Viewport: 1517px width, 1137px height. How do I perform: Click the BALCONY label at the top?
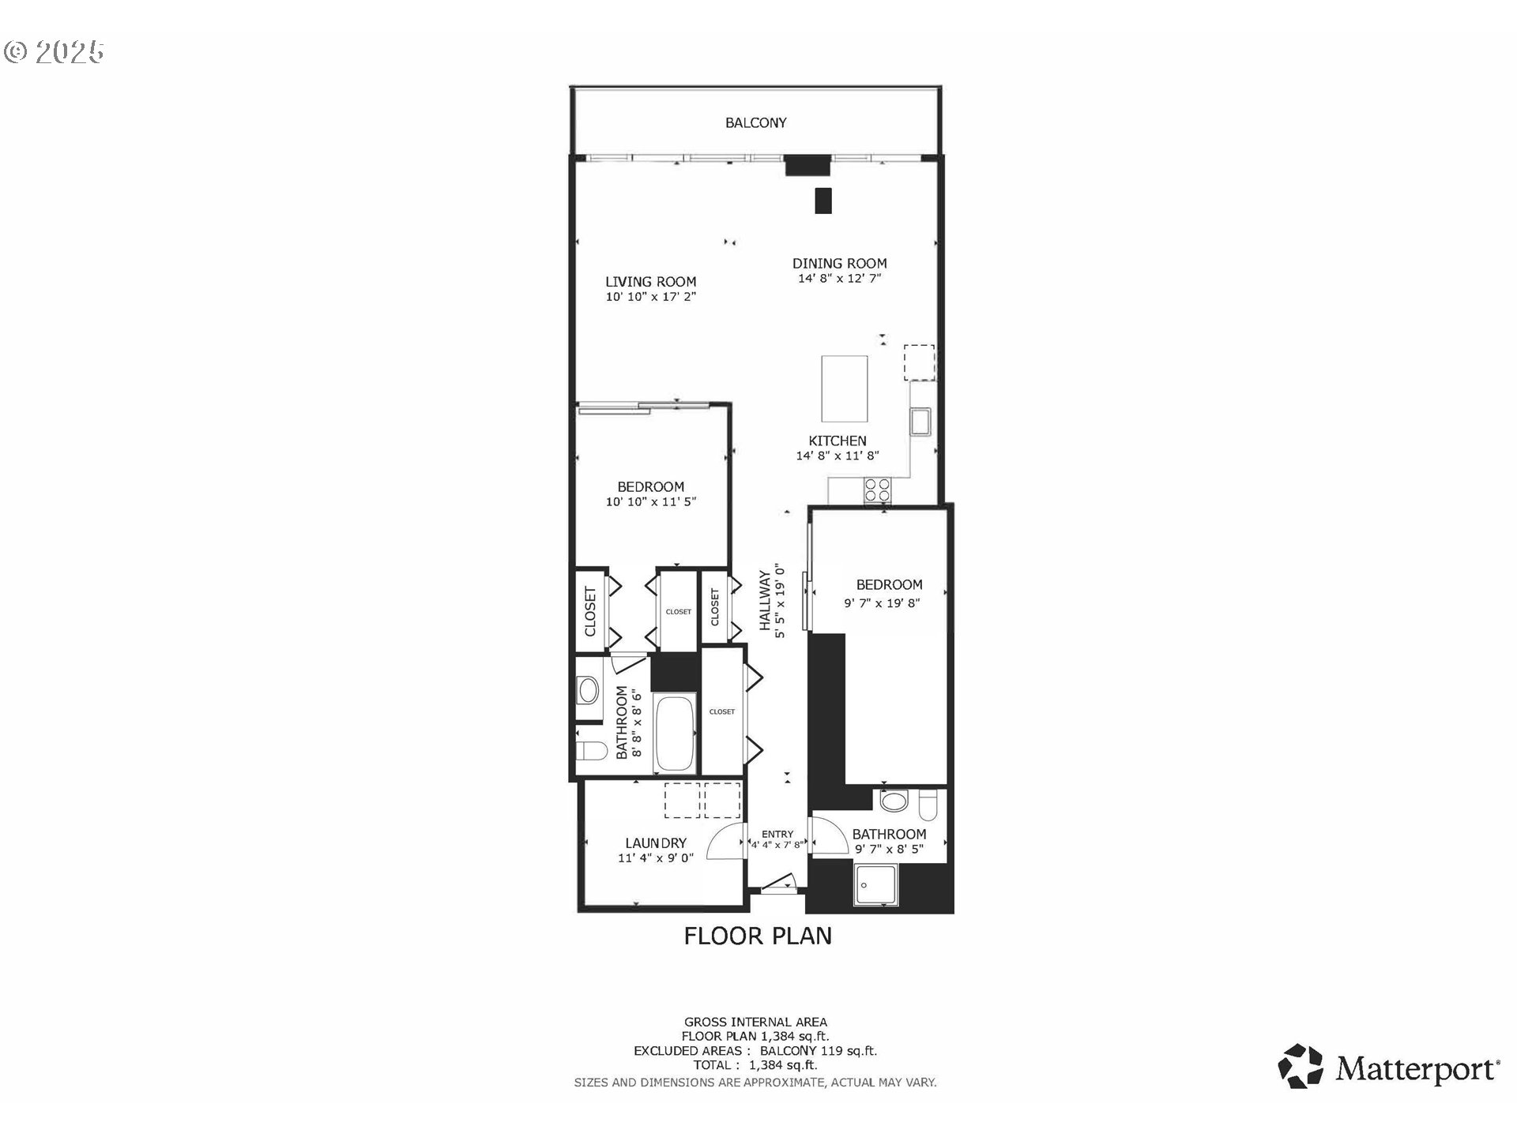pyautogui.click(x=756, y=123)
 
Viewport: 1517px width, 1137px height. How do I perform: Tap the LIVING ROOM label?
pyautogui.click(x=650, y=282)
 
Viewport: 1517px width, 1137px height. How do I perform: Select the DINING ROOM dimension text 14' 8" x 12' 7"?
pyautogui.click(x=839, y=279)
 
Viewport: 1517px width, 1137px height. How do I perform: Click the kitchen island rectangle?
pyautogui.click(x=844, y=388)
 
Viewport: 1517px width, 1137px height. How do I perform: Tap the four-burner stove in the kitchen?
pyautogui.click(x=877, y=490)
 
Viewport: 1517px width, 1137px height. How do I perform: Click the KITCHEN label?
pyautogui.click(x=838, y=441)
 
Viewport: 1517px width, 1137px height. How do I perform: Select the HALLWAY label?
pyautogui.click(x=765, y=600)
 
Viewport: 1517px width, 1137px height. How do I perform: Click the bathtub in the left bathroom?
pyautogui.click(x=675, y=734)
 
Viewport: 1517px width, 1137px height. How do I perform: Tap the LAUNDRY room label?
pyautogui.click(x=656, y=843)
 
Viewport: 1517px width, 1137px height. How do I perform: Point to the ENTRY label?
pyautogui.click(x=777, y=835)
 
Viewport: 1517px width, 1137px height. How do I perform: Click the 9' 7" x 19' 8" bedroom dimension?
pyautogui.click(x=882, y=603)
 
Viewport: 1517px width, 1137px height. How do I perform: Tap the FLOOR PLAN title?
pyautogui.click(x=758, y=936)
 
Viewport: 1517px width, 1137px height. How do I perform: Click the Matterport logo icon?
pyautogui.click(x=1301, y=1067)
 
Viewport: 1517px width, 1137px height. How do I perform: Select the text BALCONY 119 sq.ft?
pyautogui.click(x=819, y=1051)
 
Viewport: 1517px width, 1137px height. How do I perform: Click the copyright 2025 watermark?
pyautogui.click(x=54, y=52)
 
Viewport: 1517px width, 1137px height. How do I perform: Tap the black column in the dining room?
pyautogui.click(x=823, y=201)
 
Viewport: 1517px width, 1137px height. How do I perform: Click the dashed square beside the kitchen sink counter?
pyautogui.click(x=920, y=362)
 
